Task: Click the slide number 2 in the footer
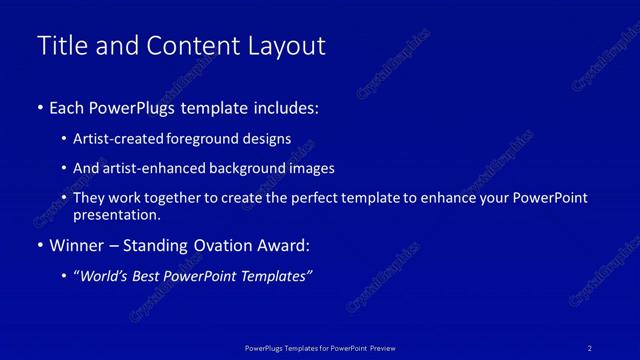coord(590,347)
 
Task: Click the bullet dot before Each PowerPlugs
coord(39,108)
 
